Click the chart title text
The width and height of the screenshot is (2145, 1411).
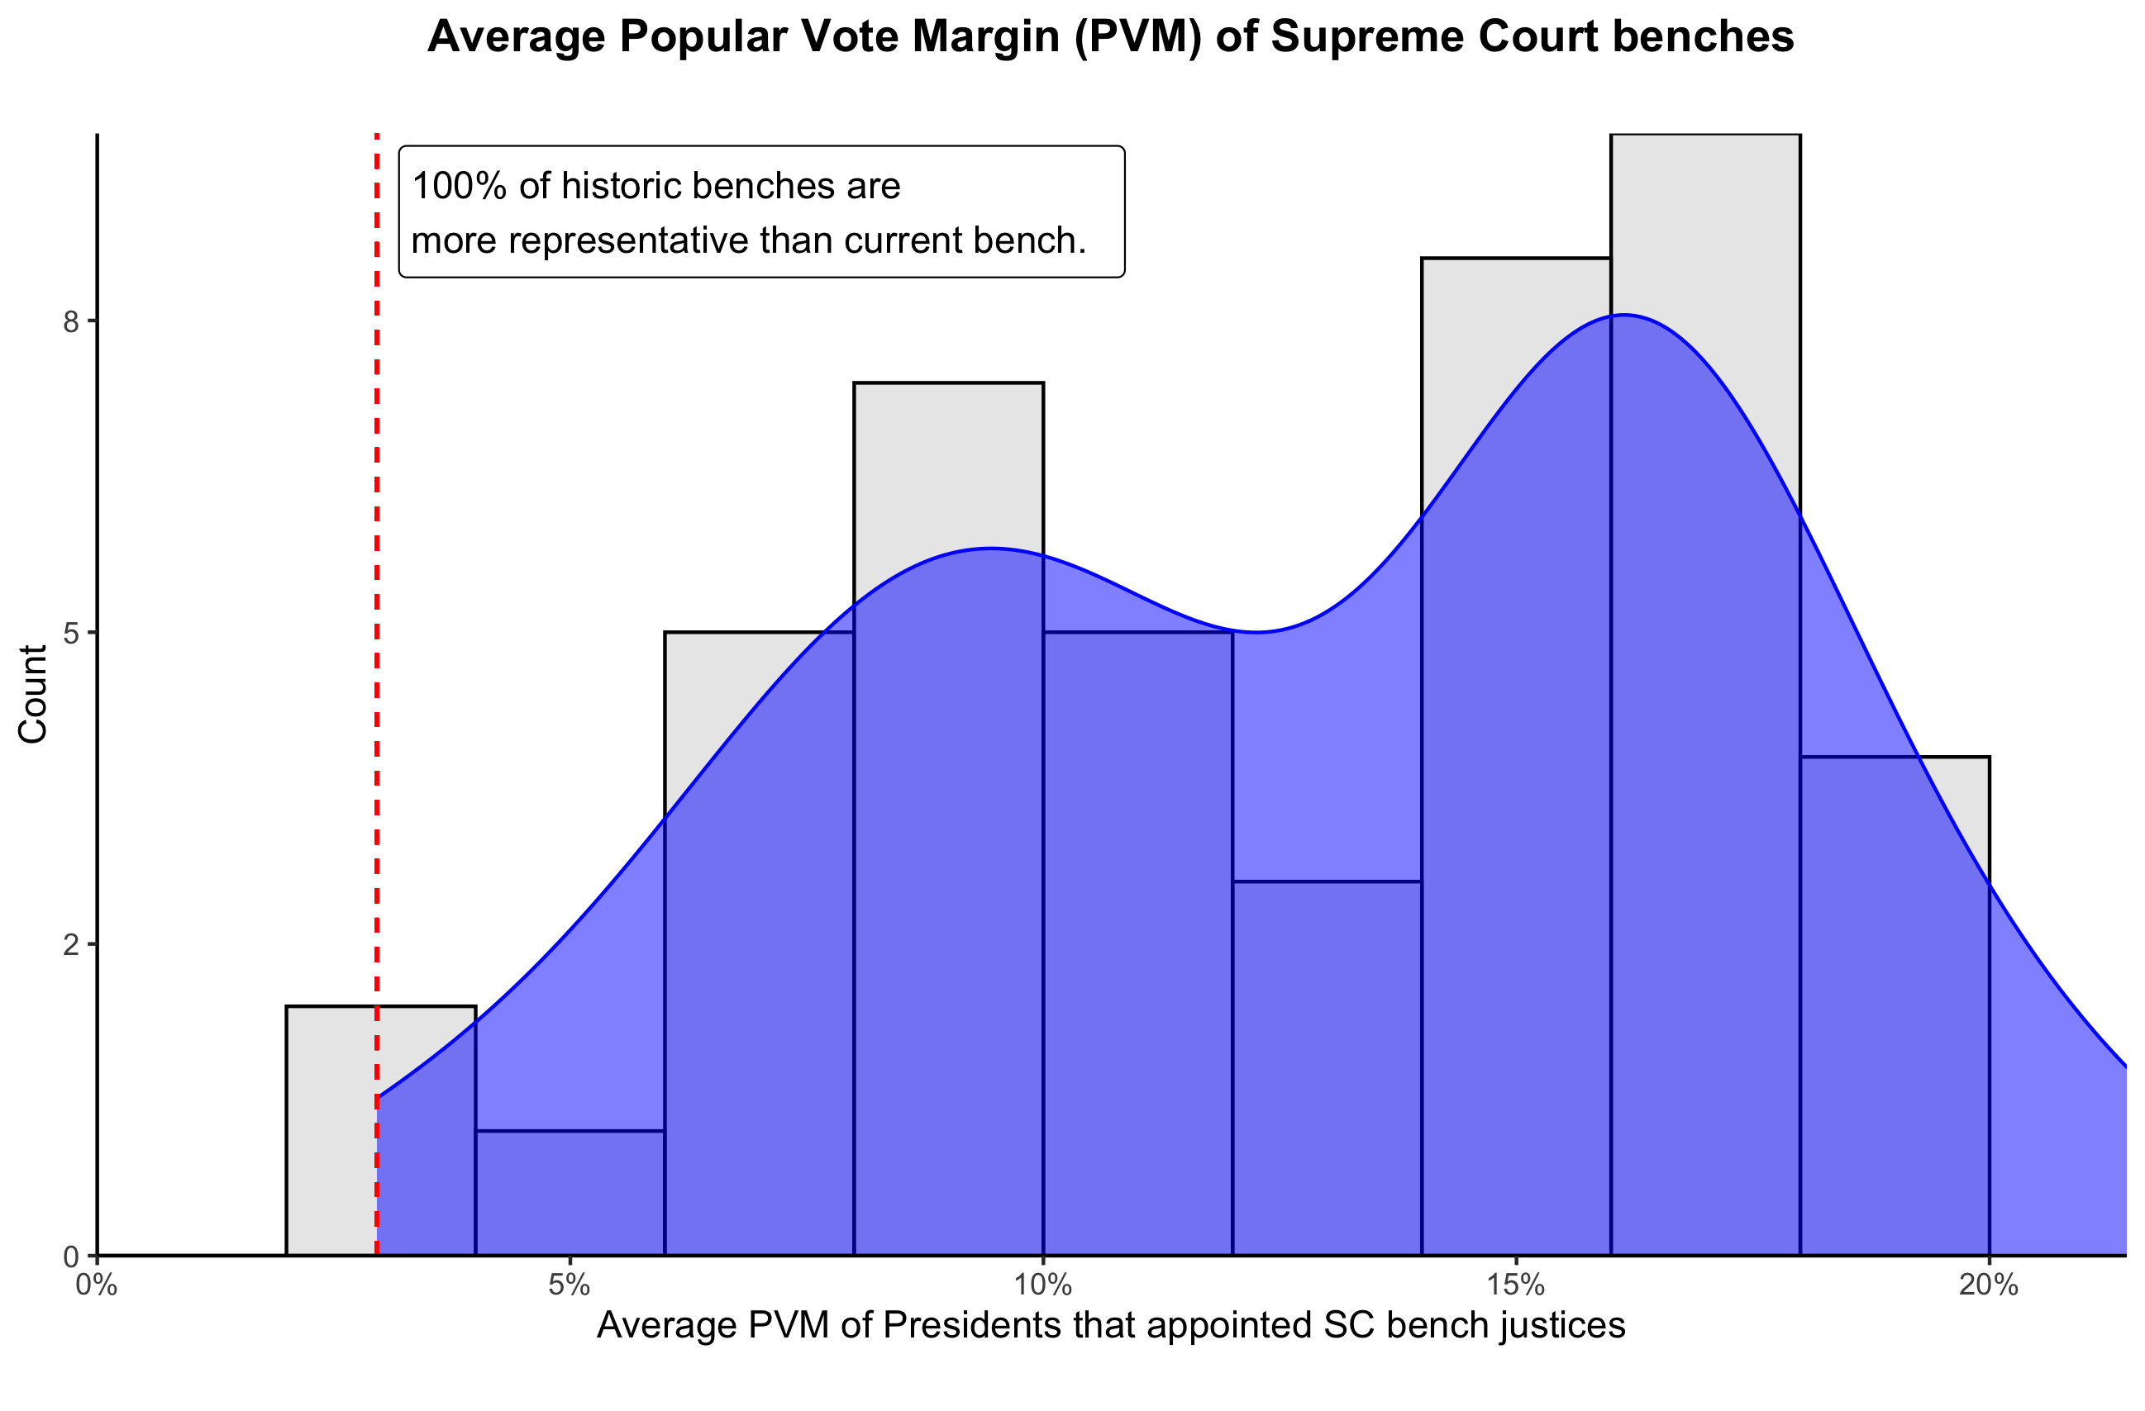click(1110, 38)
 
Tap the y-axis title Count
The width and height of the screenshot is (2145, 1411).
click(33, 694)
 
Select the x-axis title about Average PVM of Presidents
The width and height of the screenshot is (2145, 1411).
click(1110, 1325)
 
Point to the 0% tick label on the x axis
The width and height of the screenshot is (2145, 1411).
click(97, 1285)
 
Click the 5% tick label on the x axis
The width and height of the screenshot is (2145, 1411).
click(570, 1285)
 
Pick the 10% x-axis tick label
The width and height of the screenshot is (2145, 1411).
click(1043, 1285)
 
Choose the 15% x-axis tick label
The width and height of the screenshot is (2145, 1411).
click(1516, 1285)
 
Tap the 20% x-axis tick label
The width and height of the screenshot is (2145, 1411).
click(1988, 1285)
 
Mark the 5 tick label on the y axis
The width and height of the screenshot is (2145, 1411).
click(71, 634)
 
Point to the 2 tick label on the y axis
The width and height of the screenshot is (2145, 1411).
click(71, 945)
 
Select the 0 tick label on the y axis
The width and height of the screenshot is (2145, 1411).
click(71, 1256)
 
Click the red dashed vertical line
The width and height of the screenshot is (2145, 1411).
click(377, 630)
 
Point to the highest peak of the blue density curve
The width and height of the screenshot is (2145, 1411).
click(1623, 316)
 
